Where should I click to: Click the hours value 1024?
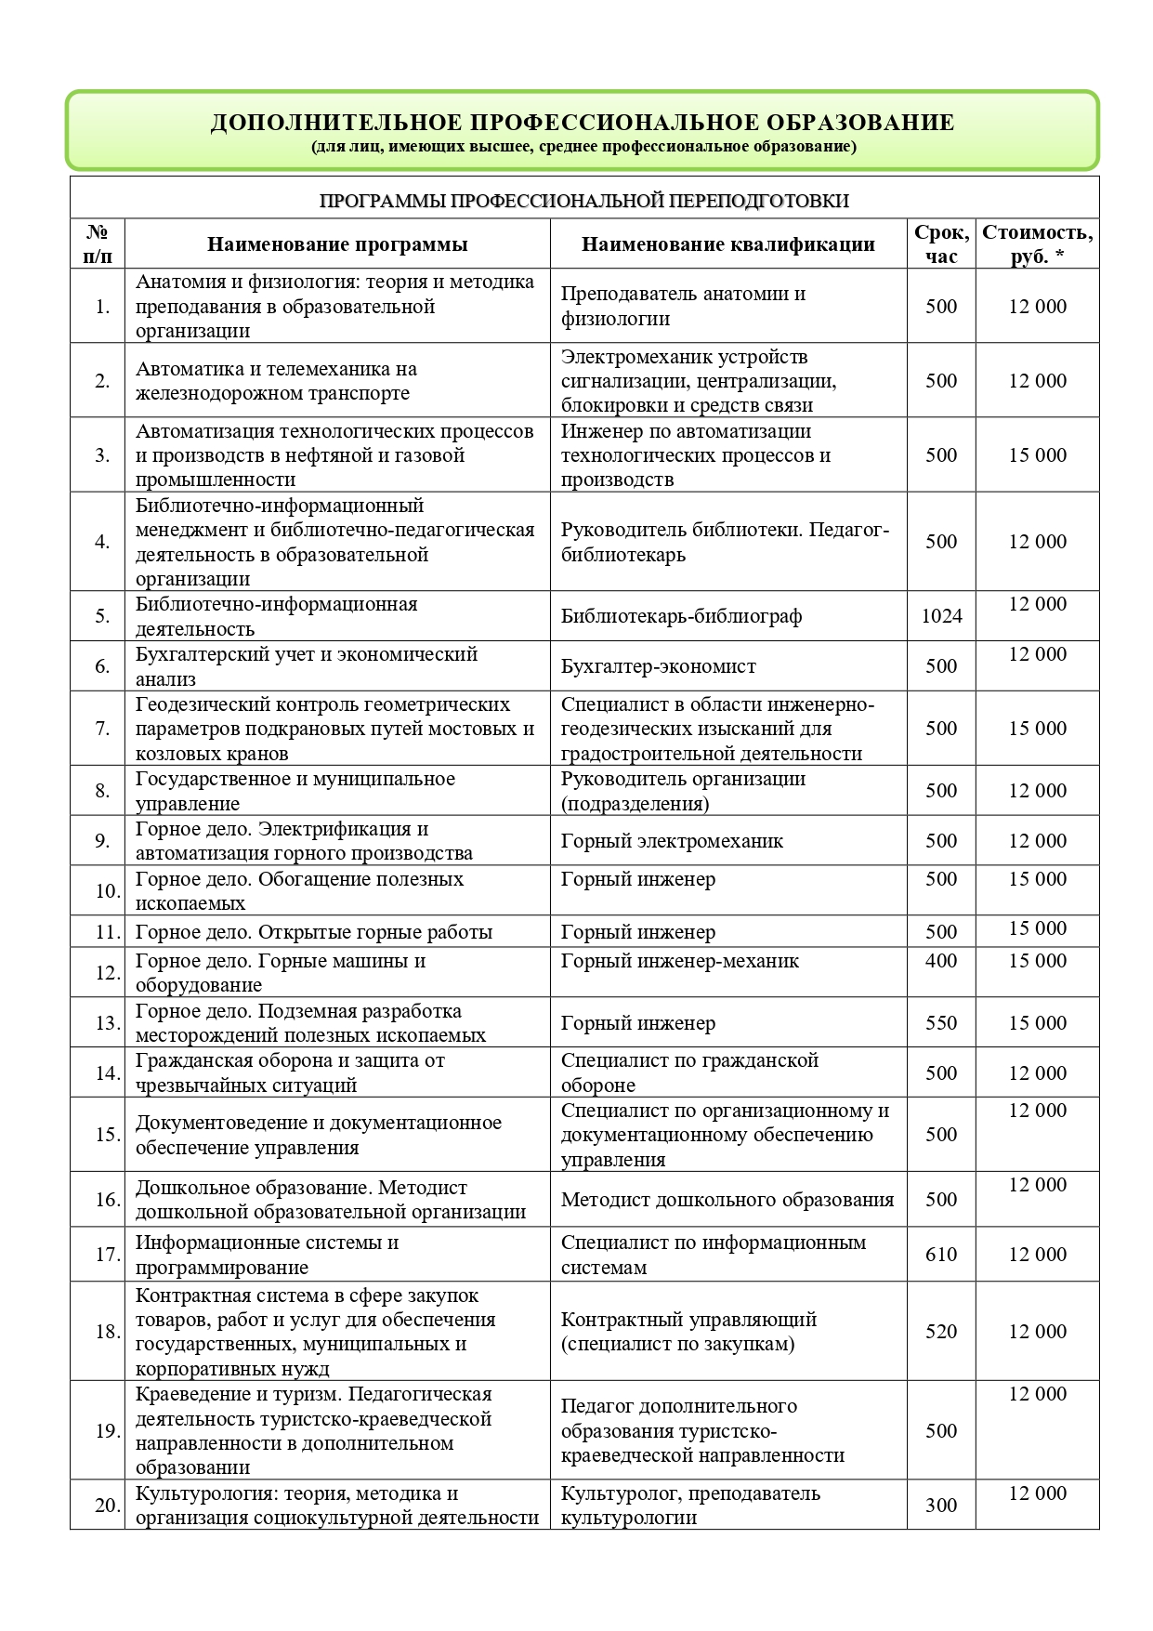click(941, 616)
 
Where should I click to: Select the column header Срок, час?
click(941, 244)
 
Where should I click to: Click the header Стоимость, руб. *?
click(1037, 244)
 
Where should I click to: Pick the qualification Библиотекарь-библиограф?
click(681, 616)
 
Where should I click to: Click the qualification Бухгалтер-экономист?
click(658, 666)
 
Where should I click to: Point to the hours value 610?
click(941, 1255)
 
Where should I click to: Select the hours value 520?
click(941, 1332)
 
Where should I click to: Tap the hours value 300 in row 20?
click(941, 1506)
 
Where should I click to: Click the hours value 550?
click(941, 1023)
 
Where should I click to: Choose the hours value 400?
click(941, 961)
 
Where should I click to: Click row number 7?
click(102, 729)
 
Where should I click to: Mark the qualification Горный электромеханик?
click(672, 841)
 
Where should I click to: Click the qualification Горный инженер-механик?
click(679, 961)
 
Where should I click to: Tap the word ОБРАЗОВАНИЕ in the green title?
click(859, 123)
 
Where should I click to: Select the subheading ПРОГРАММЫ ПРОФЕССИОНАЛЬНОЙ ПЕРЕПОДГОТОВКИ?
click(584, 201)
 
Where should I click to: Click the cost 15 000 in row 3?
click(1037, 455)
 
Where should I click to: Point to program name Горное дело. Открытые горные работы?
click(314, 932)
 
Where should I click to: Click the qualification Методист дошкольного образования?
click(727, 1200)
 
